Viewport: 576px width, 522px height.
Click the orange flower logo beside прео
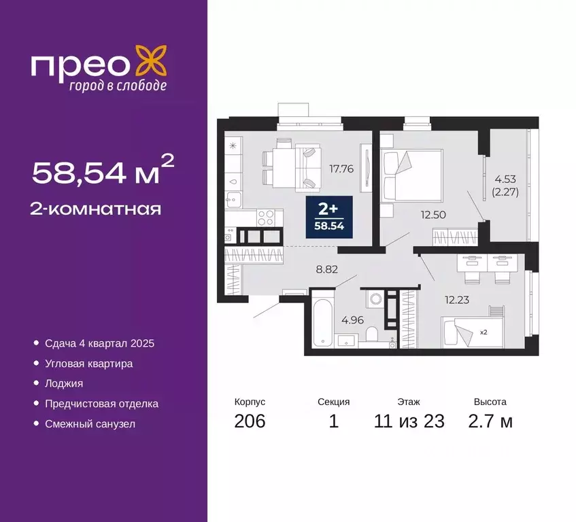(x=151, y=61)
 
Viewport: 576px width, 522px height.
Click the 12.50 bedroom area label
(x=433, y=214)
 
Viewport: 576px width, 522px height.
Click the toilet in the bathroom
(x=371, y=333)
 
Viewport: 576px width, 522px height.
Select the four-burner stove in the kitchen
(x=266, y=217)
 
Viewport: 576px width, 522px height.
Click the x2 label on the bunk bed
(x=483, y=333)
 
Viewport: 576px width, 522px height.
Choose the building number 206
(x=249, y=421)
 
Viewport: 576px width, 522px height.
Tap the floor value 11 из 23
(x=409, y=421)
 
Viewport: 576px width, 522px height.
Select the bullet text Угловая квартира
(x=88, y=364)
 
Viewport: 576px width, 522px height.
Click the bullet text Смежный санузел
(x=90, y=424)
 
